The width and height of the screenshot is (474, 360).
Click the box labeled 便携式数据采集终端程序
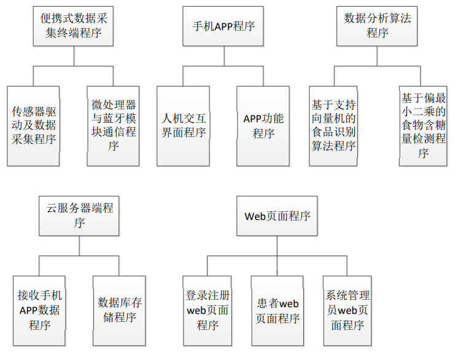pos(73,26)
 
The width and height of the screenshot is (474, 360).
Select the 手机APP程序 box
pos(223,26)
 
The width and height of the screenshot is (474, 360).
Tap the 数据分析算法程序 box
pos(377,26)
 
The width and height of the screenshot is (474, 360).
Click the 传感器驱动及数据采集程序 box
pos(33,126)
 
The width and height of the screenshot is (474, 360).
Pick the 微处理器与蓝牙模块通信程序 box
pos(113,126)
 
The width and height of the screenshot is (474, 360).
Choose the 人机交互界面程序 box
pos(183,126)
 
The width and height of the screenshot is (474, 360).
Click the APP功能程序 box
pos(263,126)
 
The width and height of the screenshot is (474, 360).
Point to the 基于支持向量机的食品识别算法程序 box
pos(333,126)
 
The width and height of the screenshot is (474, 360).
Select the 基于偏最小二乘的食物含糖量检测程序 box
pos(423,126)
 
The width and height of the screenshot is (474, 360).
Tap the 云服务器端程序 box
pos(79,216)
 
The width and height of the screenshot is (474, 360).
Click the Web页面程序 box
pos(277,216)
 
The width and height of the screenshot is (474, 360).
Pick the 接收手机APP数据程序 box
pos(39,311)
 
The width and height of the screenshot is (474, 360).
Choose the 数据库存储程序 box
pos(119,311)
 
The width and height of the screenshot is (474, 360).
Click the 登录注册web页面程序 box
pos(208,311)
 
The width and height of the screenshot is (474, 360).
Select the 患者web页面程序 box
pos(277,311)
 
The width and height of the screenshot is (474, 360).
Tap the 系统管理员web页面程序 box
pos(348,311)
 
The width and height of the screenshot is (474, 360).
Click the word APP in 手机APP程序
pos(223,26)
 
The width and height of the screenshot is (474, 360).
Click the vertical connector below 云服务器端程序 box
pos(79,246)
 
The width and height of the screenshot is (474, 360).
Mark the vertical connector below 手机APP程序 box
pos(224,56)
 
